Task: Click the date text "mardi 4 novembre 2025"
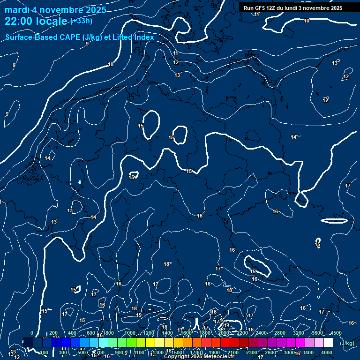pyautogui.click(x=55, y=10)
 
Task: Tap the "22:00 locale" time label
pyautogui.click(x=37, y=21)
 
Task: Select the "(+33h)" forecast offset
pyautogui.click(x=82, y=21)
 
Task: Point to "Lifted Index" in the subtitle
pyautogui.click(x=131, y=37)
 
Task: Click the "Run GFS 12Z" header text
pyautogui.click(x=260, y=8)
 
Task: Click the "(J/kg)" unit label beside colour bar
pyautogui.click(x=346, y=344)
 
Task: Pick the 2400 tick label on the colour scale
pyautogui.click(x=261, y=333)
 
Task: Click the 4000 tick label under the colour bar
pyautogui.click(x=327, y=352)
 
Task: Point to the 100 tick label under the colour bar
pyautogui.click(x=44, y=352)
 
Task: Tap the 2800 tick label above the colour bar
pyautogui.click(x=280, y=333)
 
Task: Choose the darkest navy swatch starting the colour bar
pyautogui.click(x=28, y=343)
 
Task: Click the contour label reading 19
pyautogui.click(x=139, y=315)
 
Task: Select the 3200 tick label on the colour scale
pyautogui.click(x=299, y=333)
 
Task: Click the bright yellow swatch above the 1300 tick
pyautogui.click(x=159, y=343)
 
